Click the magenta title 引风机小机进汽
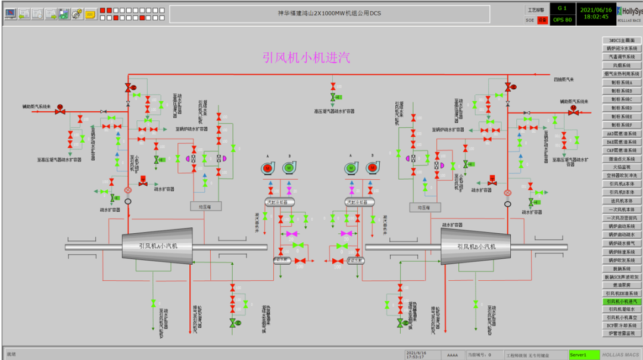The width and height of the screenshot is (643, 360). coord(307,57)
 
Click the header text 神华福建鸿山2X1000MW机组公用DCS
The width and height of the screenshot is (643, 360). coord(329,13)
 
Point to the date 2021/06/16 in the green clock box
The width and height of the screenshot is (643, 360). coord(595,9)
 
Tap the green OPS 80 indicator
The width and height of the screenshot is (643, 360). coord(562,20)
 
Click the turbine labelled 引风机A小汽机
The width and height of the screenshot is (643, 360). coord(158,246)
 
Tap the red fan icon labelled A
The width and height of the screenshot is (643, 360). coord(268,168)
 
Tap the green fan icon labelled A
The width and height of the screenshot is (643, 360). coord(351,168)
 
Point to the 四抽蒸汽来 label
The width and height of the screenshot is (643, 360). coord(563,79)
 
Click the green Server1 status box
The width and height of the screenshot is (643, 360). coord(583,355)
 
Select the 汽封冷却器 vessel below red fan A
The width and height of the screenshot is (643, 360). coord(280,202)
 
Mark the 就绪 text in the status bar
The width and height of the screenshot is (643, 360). coord(12,354)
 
